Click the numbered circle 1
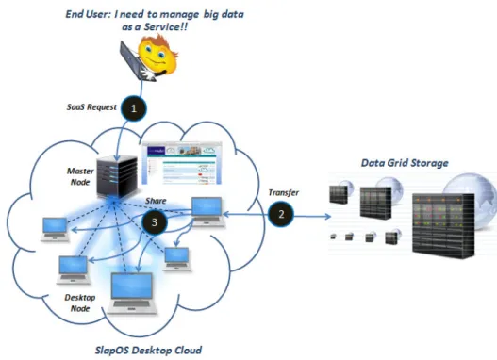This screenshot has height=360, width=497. (x=133, y=108)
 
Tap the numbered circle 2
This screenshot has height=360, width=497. (x=281, y=214)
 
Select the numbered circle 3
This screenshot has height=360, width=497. (x=155, y=221)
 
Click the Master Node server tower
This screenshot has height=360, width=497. (x=117, y=175)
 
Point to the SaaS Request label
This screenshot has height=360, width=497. (x=91, y=107)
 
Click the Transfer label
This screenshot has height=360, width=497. (x=283, y=192)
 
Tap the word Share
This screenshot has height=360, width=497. (x=156, y=201)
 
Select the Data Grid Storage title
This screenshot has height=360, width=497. (x=405, y=163)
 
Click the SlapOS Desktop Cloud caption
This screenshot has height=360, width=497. (x=148, y=351)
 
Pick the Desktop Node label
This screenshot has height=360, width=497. (x=80, y=303)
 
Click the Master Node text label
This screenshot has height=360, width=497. (x=80, y=176)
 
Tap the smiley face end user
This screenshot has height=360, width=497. (x=157, y=55)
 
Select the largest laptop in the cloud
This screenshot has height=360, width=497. (x=132, y=293)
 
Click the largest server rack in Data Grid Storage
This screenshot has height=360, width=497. (x=443, y=226)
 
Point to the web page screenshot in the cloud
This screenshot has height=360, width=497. (x=182, y=163)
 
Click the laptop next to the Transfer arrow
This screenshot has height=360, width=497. (x=207, y=211)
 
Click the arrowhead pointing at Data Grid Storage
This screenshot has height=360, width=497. (x=328, y=217)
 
